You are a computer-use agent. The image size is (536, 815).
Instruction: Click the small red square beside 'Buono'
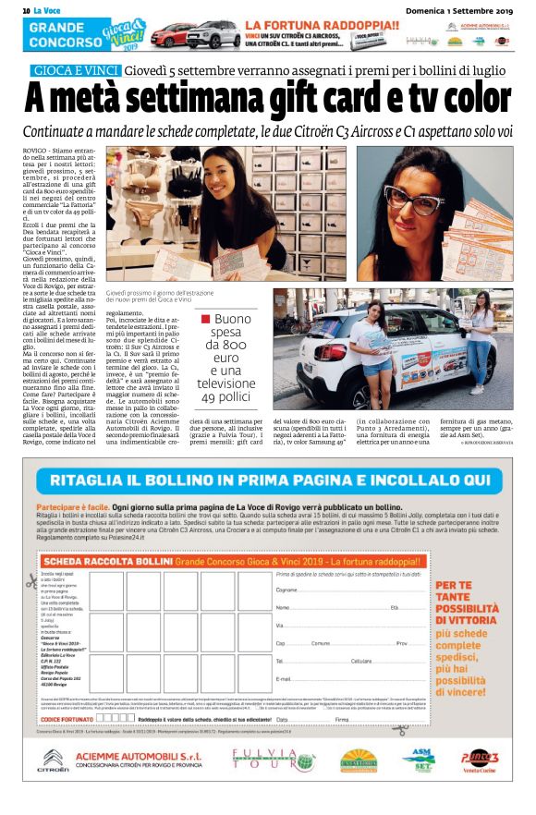tap(206, 320)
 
